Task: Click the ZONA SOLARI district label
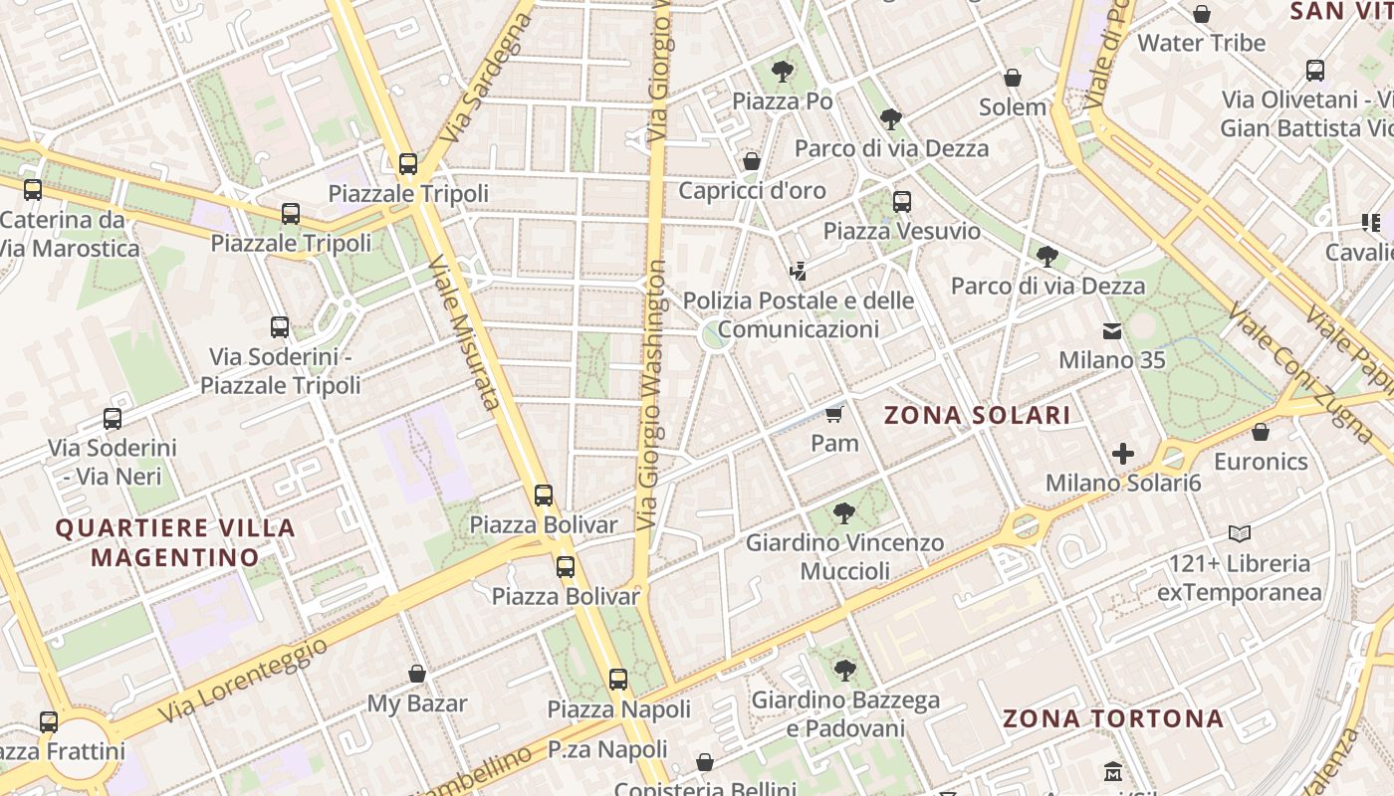[977, 416]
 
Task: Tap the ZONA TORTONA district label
[1112, 718]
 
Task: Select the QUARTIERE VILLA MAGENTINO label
[175, 542]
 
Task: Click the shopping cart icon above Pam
[834, 414]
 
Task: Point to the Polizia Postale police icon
[797, 271]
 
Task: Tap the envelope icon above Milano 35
[1111, 331]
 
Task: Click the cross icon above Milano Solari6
[1123, 455]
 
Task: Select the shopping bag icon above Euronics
[1261, 433]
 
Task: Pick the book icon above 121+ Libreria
[1240, 534]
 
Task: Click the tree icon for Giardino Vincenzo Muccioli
[844, 513]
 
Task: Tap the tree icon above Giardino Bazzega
[844, 671]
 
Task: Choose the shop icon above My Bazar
[417, 675]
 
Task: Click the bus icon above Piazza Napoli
[618, 680]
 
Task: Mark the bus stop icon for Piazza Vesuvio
[902, 202]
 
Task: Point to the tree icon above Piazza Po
[783, 72]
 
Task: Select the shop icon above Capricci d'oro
[752, 161]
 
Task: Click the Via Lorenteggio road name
[243, 682]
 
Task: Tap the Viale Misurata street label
[463, 332]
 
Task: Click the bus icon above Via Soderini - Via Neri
[113, 419]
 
